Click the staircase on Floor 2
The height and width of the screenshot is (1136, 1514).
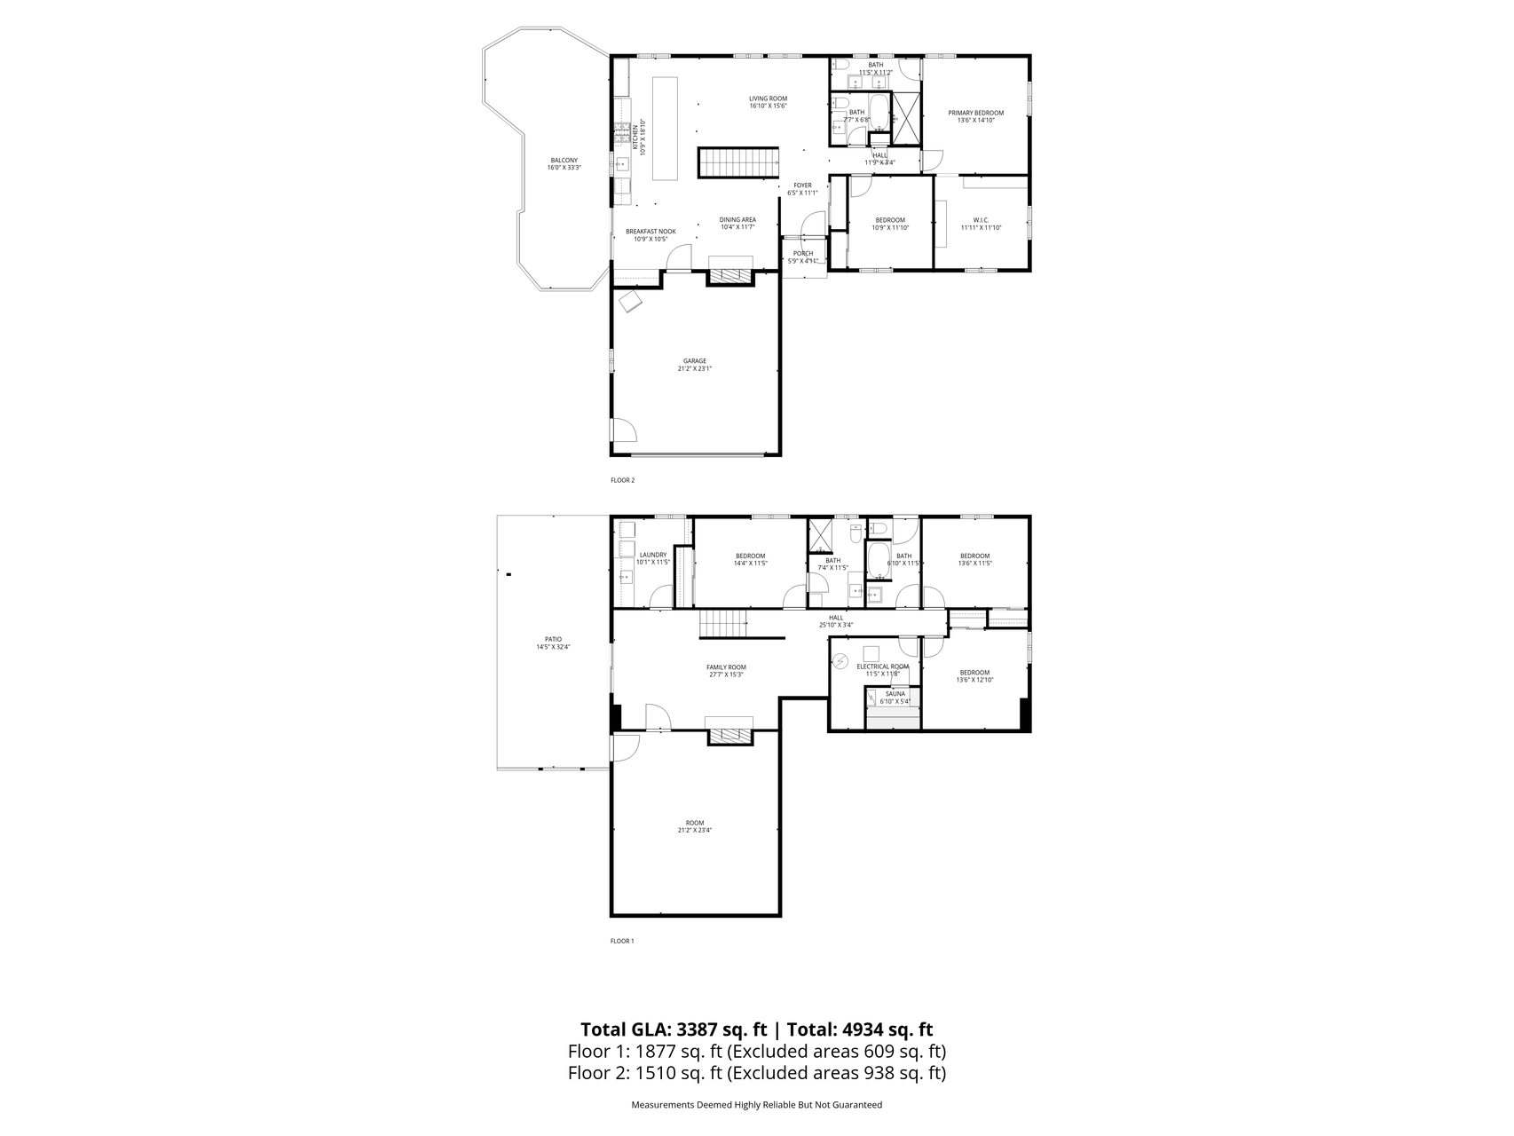737,163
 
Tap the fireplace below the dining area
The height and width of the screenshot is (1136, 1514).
729,277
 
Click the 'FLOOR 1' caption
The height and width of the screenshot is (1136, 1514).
622,941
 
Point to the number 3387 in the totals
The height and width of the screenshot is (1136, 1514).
698,1029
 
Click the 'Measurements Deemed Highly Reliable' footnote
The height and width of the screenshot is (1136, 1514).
756,1105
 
